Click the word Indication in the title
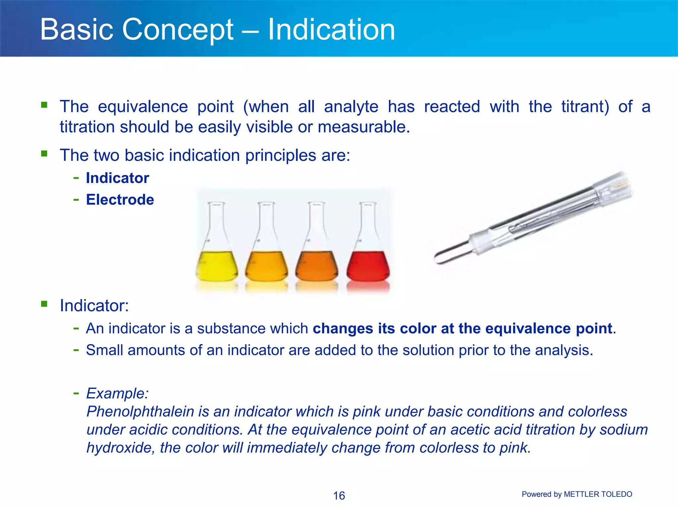tap(331, 30)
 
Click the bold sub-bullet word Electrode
tap(120, 200)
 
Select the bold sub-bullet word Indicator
tap(118, 178)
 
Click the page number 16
tap(339, 495)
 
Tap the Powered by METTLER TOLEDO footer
tap(577, 494)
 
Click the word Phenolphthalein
tap(140, 412)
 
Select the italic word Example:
tap(117, 394)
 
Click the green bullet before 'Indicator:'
tap(44, 304)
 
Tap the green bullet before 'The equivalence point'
tap(44, 105)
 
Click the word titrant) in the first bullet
tap(585, 107)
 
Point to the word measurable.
tap(363, 127)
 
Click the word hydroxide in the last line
tap(120, 448)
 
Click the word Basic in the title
tap(77, 30)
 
